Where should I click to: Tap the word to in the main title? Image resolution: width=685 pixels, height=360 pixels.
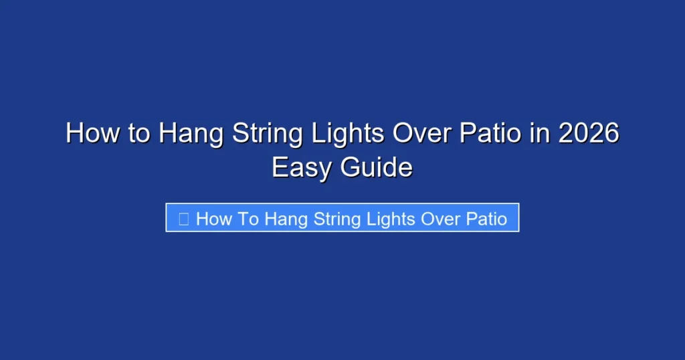point(140,134)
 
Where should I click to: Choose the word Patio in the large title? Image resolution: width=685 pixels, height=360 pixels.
point(490,134)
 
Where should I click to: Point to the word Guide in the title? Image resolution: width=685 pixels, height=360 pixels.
point(377,167)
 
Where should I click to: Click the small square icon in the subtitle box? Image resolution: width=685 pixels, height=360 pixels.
point(183,218)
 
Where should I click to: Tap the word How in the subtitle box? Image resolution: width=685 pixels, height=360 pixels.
point(213,218)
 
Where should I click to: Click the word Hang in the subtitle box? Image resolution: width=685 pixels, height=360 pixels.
point(284,219)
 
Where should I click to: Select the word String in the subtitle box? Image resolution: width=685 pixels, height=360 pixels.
point(333,219)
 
